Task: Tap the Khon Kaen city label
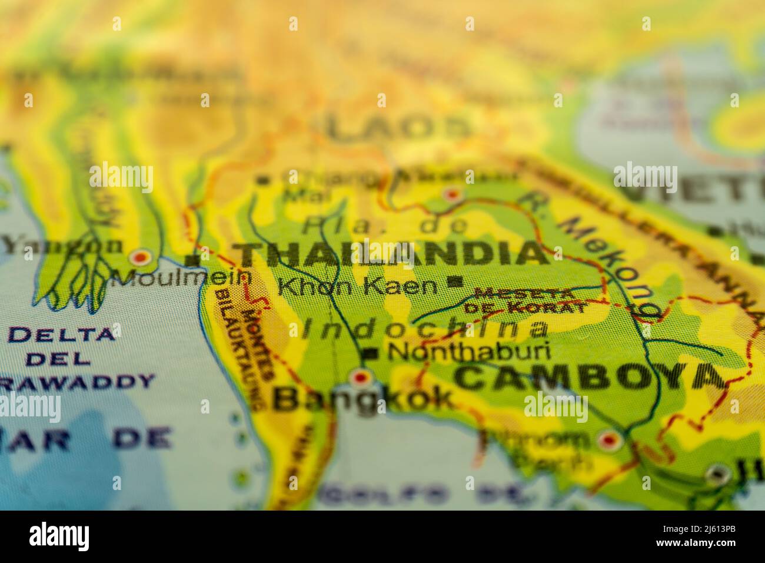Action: click(358, 287)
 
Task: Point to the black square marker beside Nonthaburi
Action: click(371, 353)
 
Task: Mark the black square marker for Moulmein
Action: click(191, 260)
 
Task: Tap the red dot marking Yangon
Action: click(140, 257)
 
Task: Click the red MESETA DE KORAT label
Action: click(525, 300)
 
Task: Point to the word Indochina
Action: click(424, 329)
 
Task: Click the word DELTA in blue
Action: click(62, 334)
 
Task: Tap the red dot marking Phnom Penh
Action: click(608, 439)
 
